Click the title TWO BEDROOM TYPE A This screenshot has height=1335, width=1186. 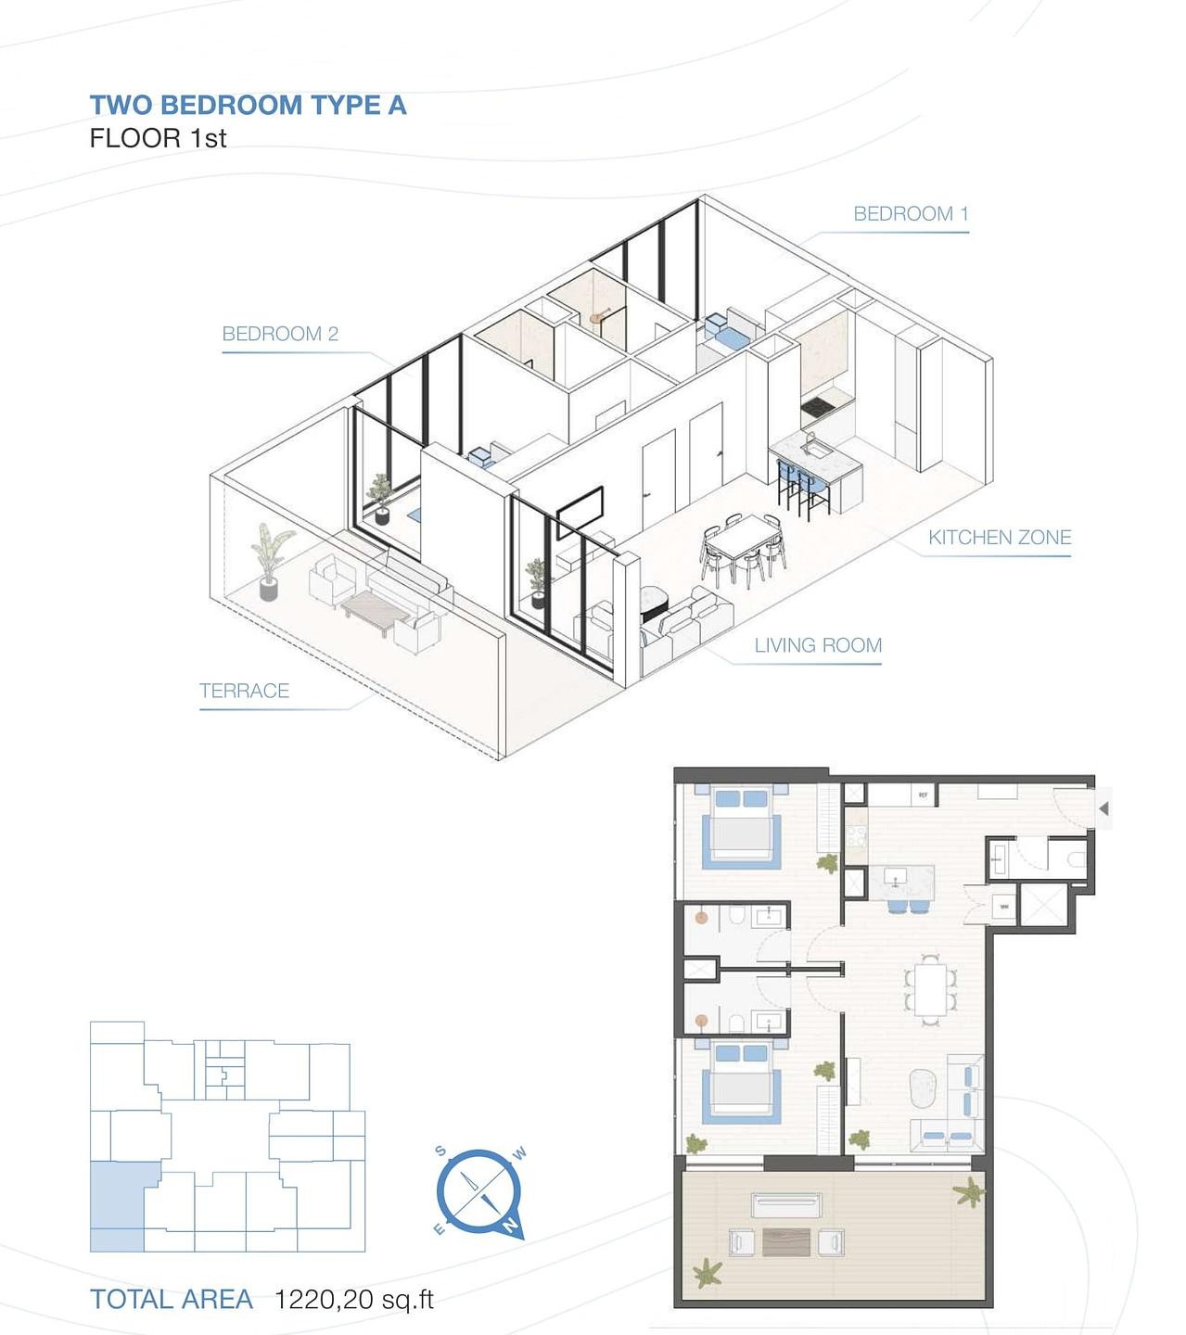click(x=248, y=106)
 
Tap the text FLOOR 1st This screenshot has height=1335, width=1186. click(x=158, y=139)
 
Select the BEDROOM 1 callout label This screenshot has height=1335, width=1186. click(x=911, y=214)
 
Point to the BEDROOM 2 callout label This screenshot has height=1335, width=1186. click(x=280, y=334)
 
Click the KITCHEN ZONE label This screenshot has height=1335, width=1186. click(x=1000, y=538)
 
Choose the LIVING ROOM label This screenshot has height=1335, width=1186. click(x=818, y=645)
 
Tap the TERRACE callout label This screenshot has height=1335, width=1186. click(x=244, y=691)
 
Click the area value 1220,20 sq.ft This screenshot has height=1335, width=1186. click(x=354, y=1300)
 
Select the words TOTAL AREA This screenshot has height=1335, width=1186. click(x=172, y=1300)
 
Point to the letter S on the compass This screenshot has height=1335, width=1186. click(x=441, y=1152)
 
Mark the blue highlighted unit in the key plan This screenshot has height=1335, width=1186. click(x=117, y=1205)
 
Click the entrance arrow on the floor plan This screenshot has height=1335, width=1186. click(x=1103, y=809)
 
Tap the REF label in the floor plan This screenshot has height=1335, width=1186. click(x=922, y=795)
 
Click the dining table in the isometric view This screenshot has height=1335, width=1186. click(x=743, y=547)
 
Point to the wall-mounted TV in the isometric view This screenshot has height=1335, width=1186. click(x=581, y=511)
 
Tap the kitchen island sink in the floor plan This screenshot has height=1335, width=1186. click(x=896, y=876)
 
